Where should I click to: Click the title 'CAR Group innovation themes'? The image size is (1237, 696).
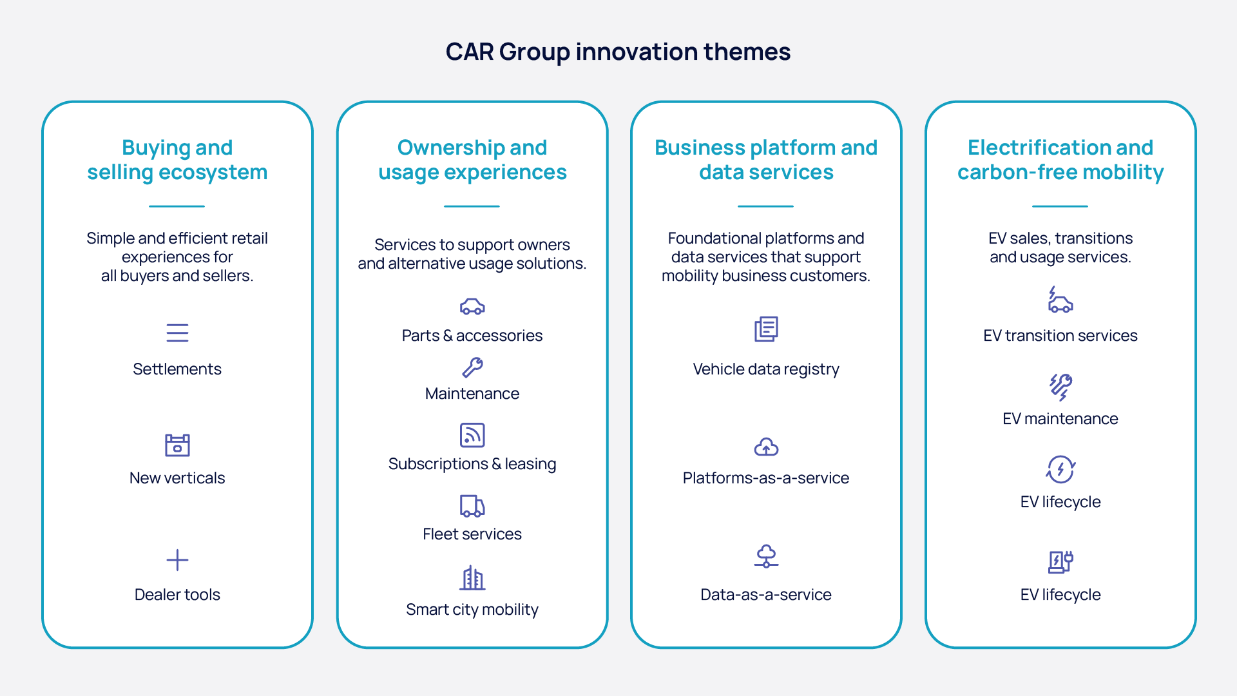pyautogui.click(x=618, y=52)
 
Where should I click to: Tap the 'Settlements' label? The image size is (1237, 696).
pyautogui.click(x=177, y=369)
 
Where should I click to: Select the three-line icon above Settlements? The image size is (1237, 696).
pyautogui.click(x=177, y=333)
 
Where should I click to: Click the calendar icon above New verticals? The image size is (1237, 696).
pyautogui.click(x=177, y=445)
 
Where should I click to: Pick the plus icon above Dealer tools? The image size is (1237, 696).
pyautogui.click(x=177, y=560)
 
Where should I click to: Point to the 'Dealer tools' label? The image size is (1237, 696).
pyautogui.click(x=177, y=595)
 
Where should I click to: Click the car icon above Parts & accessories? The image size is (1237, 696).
pyautogui.click(x=472, y=306)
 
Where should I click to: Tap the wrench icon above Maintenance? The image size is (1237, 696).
pyautogui.click(x=472, y=367)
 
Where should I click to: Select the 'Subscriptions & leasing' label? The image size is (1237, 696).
pyautogui.click(x=472, y=464)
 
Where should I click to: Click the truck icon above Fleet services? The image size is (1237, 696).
pyautogui.click(x=472, y=506)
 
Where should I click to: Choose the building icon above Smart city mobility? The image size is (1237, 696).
pyautogui.click(x=472, y=578)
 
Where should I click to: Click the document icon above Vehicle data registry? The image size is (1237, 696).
pyautogui.click(x=766, y=329)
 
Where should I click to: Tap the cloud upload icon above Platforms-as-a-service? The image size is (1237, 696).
pyautogui.click(x=766, y=447)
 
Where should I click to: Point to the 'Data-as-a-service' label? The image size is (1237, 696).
pyautogui.click(x=766, y=595)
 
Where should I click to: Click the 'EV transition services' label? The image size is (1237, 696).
pyautogui.click(x=1060, y=336)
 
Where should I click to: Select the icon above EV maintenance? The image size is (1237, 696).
pyautogui.click(x=1060, y=387)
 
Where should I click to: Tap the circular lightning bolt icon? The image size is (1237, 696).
pyautogui.click(x=1060, y=469)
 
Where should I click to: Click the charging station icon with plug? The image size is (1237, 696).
pyautogui.click(x=1060, y=561)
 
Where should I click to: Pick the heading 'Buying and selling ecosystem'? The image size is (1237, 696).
pyautogui.click(x=177, y=160)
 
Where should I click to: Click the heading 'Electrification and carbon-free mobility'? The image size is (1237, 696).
pyautogui.click(x=1060, y=160)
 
